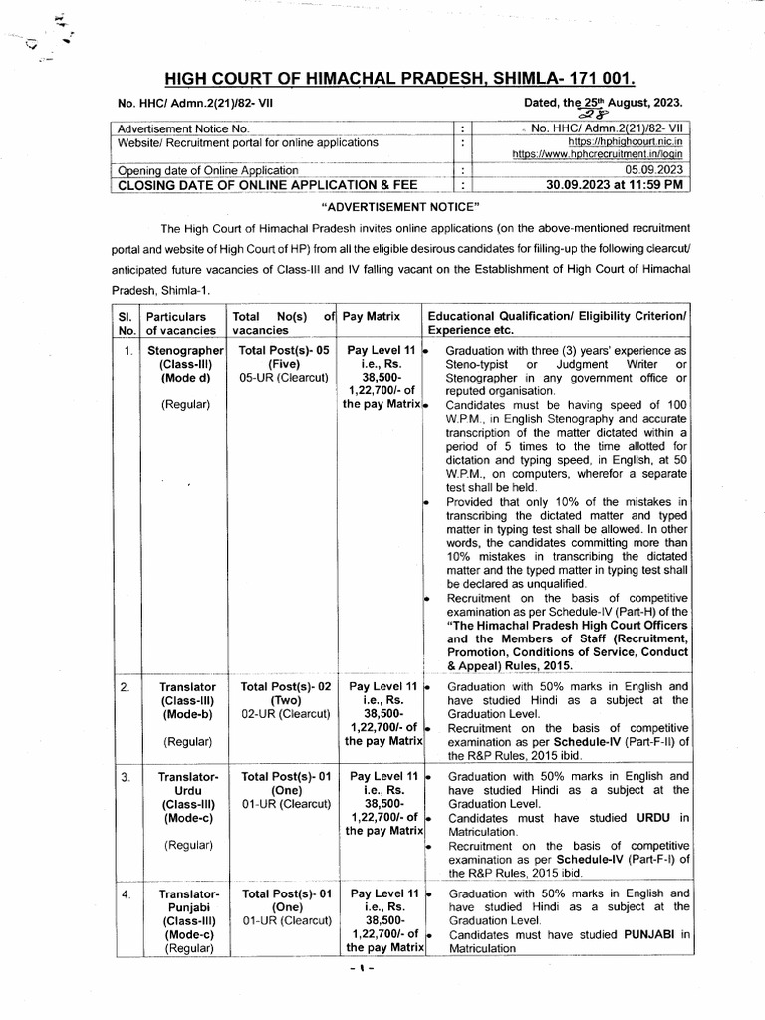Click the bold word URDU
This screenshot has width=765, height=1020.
tap(639, 817)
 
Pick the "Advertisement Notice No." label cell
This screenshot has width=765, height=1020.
tap(185, 129)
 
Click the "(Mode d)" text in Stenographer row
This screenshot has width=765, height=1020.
tap(186, 379)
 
